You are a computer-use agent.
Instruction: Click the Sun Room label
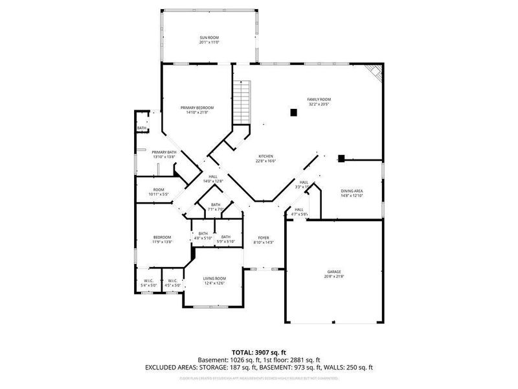(x=209, y=40)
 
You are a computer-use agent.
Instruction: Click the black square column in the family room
(x=293, y=112)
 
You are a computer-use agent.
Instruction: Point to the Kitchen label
(x=266, y=158)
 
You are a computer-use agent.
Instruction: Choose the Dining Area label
(x=352, y=193)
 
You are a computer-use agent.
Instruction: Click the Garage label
(x=334, y=274)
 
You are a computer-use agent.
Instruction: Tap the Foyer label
(x=264, y=240)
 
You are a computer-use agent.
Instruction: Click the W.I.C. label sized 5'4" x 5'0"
(x=148, y=283)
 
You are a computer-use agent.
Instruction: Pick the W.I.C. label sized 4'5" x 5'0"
(x=172, y=283)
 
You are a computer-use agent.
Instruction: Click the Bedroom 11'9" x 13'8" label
(x=161, y=239)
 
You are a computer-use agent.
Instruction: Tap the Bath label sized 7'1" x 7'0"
(x=215, y=207)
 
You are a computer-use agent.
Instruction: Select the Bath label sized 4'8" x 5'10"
(x=203, y=236)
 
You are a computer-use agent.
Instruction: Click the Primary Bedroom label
(x=197, y=110)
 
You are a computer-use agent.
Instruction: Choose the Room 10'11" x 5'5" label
(x=159, y=192)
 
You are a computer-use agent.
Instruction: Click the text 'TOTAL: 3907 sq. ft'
(x=259, y=352)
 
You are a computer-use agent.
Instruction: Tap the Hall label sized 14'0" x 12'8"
(x=213, y=178)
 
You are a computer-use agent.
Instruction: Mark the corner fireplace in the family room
(x=374, y=72)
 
